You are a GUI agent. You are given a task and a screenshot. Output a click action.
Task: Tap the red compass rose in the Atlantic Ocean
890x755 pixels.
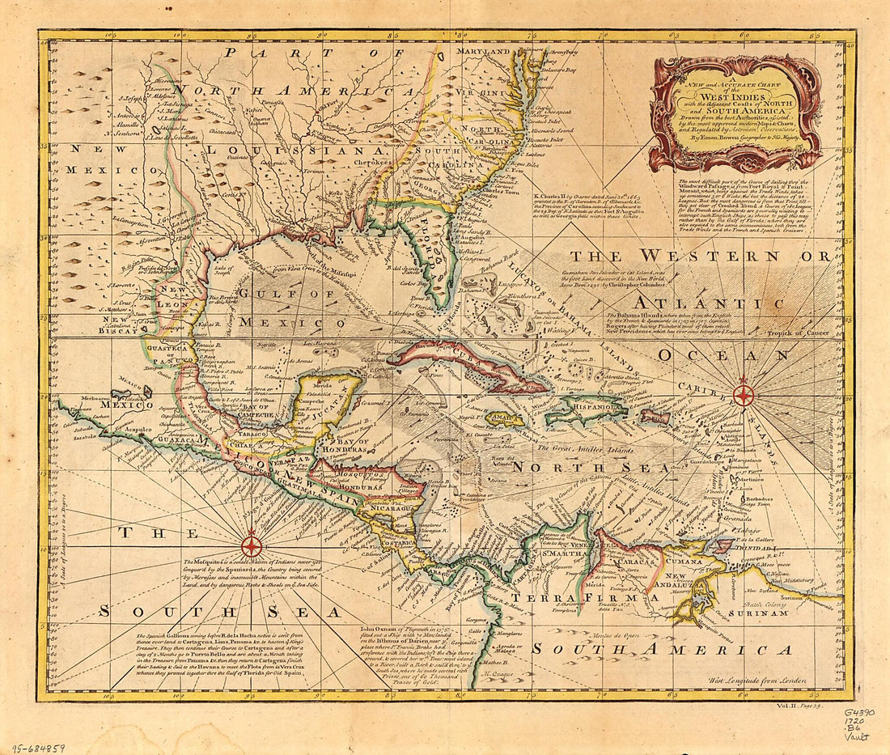[x=743, y=395]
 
